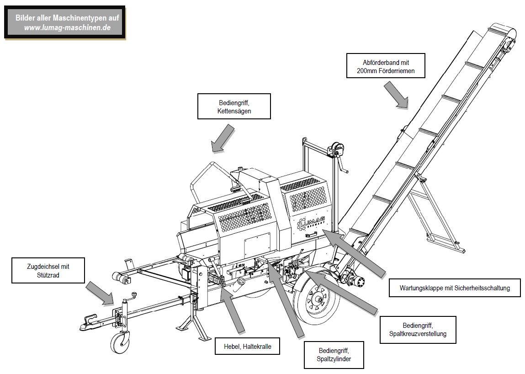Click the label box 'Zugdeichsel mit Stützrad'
tap(48, 271)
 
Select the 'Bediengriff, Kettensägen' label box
tap(234, 107)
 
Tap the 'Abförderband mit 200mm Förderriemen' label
tap(386, 66)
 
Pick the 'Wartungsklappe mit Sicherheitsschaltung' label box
tap(455, 288)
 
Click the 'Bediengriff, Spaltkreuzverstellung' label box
tap(418, 330)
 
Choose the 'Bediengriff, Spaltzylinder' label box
tap(334, 355)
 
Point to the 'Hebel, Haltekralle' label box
tap(248, 347)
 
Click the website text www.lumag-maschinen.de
tap(67, 28)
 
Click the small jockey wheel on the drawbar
tap(120, 343)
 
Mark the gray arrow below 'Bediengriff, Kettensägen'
tap(223, 139)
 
